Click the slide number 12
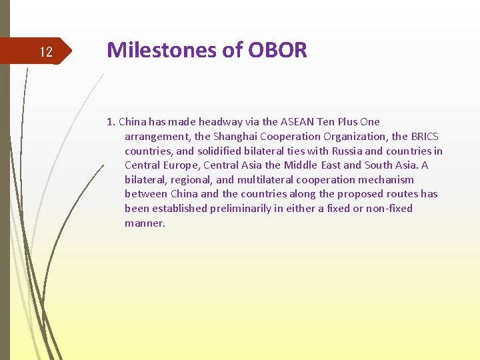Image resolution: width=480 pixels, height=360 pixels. (46, 52)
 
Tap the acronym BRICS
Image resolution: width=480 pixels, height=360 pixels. (424, 136)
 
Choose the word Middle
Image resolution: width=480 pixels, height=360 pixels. (301, 165)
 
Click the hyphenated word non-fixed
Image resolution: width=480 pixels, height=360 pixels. (389, 209)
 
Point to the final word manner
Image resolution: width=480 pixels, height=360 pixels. (144, 223)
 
